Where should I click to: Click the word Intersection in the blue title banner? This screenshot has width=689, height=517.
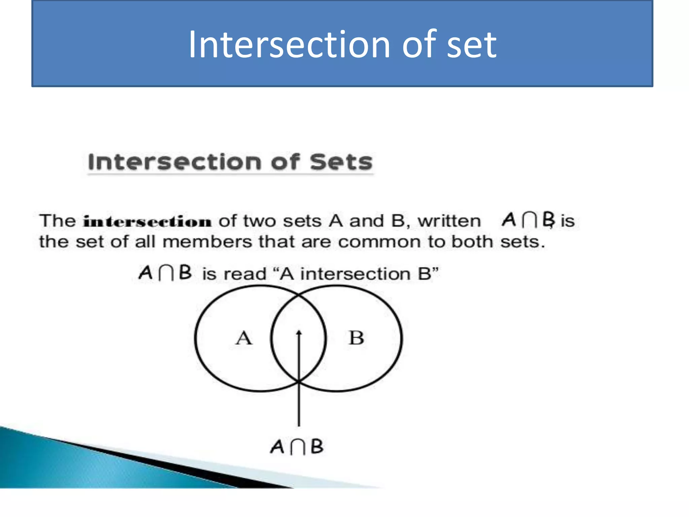pos(289,45)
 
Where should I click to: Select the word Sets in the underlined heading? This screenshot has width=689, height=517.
pos(341,162)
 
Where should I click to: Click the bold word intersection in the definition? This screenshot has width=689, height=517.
pos(147,222)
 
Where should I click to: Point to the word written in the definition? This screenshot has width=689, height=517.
pos(449,221)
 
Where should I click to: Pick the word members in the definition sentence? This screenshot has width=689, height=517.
pos(207,242)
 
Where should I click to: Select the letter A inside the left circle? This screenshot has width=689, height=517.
pos(244,338)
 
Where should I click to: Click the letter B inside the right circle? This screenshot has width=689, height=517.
pos(356,338)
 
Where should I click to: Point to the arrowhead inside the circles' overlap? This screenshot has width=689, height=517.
pos(299,333)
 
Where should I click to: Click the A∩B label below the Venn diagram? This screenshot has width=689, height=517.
pos(297,447)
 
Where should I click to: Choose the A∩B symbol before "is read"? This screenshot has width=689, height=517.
pos(165,273)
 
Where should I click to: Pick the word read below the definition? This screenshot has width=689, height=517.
pos(245,274)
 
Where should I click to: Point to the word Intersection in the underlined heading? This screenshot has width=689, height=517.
pos(175,162)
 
